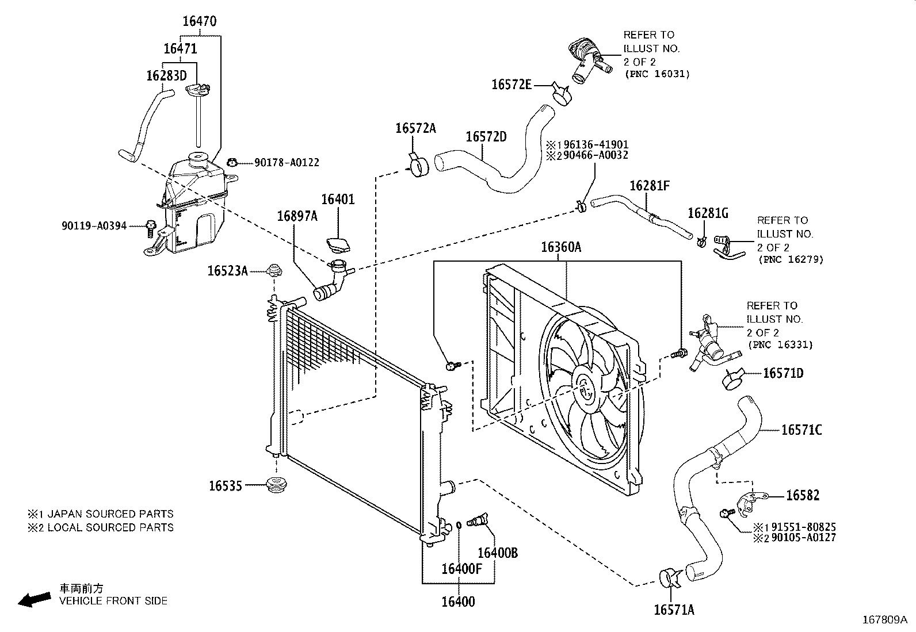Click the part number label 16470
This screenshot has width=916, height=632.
(x=200, y=21)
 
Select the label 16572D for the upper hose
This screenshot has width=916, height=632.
(x=486, y=136)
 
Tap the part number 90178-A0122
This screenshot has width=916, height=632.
(x=287, y=162)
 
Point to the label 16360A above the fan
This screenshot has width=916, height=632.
(x=561, y=247)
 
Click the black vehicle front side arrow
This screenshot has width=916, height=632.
(x=35, y=600)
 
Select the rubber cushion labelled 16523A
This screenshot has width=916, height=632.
(x=274, y=270)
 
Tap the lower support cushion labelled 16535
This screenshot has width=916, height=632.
(x=276, y=485)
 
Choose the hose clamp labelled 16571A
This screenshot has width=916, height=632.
(x=671, y=578)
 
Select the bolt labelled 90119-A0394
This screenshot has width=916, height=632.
(x=151, y=228)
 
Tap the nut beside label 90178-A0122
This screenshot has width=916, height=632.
(x=232, y=163)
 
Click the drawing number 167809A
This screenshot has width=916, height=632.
(x=885, y=620)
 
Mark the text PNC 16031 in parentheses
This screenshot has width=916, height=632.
(x=658, y=74)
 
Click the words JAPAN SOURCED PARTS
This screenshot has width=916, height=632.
(x=110, y=514)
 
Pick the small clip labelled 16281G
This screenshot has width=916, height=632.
(x=702, y=242)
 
